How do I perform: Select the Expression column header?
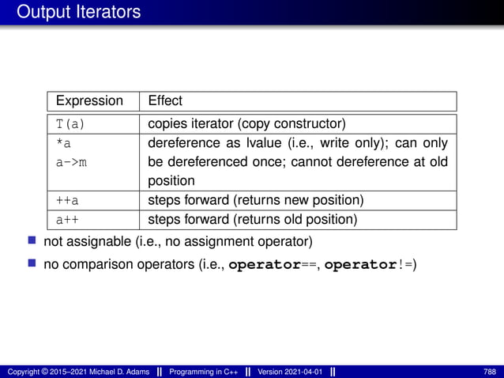(89, 101)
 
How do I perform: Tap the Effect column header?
(165, 101)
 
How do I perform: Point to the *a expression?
(63, 143)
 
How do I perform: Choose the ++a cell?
(66, 200)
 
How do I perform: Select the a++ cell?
(66, 219)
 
